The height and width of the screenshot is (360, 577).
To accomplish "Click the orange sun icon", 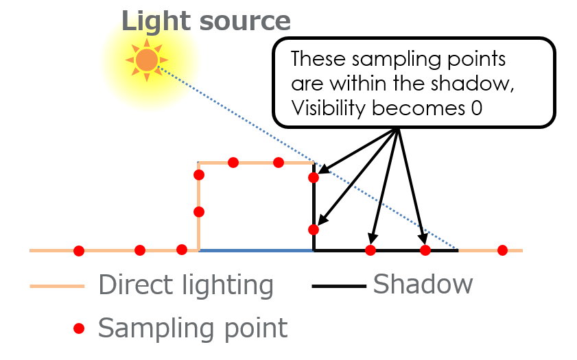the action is coord(147,60).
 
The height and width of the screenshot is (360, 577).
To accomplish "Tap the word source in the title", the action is coord(245,22).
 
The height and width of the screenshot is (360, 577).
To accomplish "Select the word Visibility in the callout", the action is coord(327,109).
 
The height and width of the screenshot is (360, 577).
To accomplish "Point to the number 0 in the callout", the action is coord(477,108).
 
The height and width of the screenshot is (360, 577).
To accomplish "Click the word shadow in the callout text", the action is coord(472,84).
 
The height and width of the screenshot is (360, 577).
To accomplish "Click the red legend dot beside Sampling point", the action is coord(79,328).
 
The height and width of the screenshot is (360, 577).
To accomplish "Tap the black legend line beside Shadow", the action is coord(339,286).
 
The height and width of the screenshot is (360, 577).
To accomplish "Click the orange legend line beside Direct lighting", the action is coord(57,286).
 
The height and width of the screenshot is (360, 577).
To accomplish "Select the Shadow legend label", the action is coord(423,285).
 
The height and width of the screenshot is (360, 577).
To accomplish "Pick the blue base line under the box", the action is coord(256,250).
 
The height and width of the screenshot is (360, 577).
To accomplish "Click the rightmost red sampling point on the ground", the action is coord(502,250).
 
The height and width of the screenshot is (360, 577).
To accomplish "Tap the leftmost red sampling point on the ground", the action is coord(79,251).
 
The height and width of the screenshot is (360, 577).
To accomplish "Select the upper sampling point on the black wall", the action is coord(314,178).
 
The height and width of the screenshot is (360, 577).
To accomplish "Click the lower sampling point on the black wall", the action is coord(314,230).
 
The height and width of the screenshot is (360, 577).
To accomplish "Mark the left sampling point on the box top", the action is coord(233,162).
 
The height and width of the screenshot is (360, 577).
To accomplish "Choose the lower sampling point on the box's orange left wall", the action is coord(199,212).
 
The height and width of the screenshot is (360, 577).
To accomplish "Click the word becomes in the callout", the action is coord(419,108).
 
